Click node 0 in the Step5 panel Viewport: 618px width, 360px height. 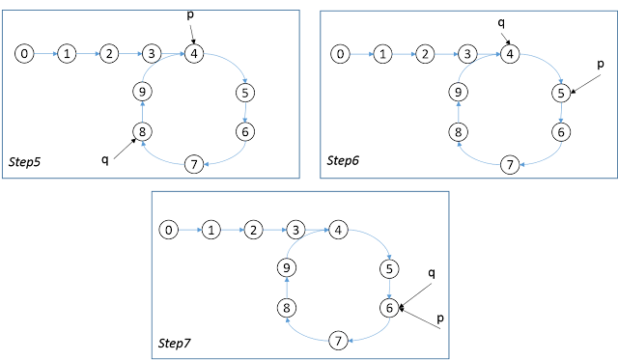pos(24,54)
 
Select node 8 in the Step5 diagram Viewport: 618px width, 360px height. pos(142,131)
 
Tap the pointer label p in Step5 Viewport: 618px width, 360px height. pos(190,15)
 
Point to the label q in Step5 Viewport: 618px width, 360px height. pos(105,159)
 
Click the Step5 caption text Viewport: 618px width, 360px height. pos(24,161)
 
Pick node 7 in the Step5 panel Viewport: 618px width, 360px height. pos(194,164)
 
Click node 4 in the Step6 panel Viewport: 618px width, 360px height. pos(510,54)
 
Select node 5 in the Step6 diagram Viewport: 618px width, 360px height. pos(561,94)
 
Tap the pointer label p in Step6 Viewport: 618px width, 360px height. pos(601,64)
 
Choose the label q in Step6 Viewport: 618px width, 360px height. pos(501,23)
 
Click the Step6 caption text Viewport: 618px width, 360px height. pos(343,160)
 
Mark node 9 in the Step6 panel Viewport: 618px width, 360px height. pos(458,92)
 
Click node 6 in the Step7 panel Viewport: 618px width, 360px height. pos(389,308)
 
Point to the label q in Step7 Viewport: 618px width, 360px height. pos(432,273)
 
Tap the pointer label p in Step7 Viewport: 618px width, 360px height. pos(440,318)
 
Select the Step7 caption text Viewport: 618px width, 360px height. pos(174,343)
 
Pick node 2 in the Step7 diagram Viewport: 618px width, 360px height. pos(253,230)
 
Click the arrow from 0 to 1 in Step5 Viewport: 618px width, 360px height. pos(45,54)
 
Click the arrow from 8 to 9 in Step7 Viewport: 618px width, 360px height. pos(287,288)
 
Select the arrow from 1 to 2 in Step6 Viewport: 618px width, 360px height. pos(404,54)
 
